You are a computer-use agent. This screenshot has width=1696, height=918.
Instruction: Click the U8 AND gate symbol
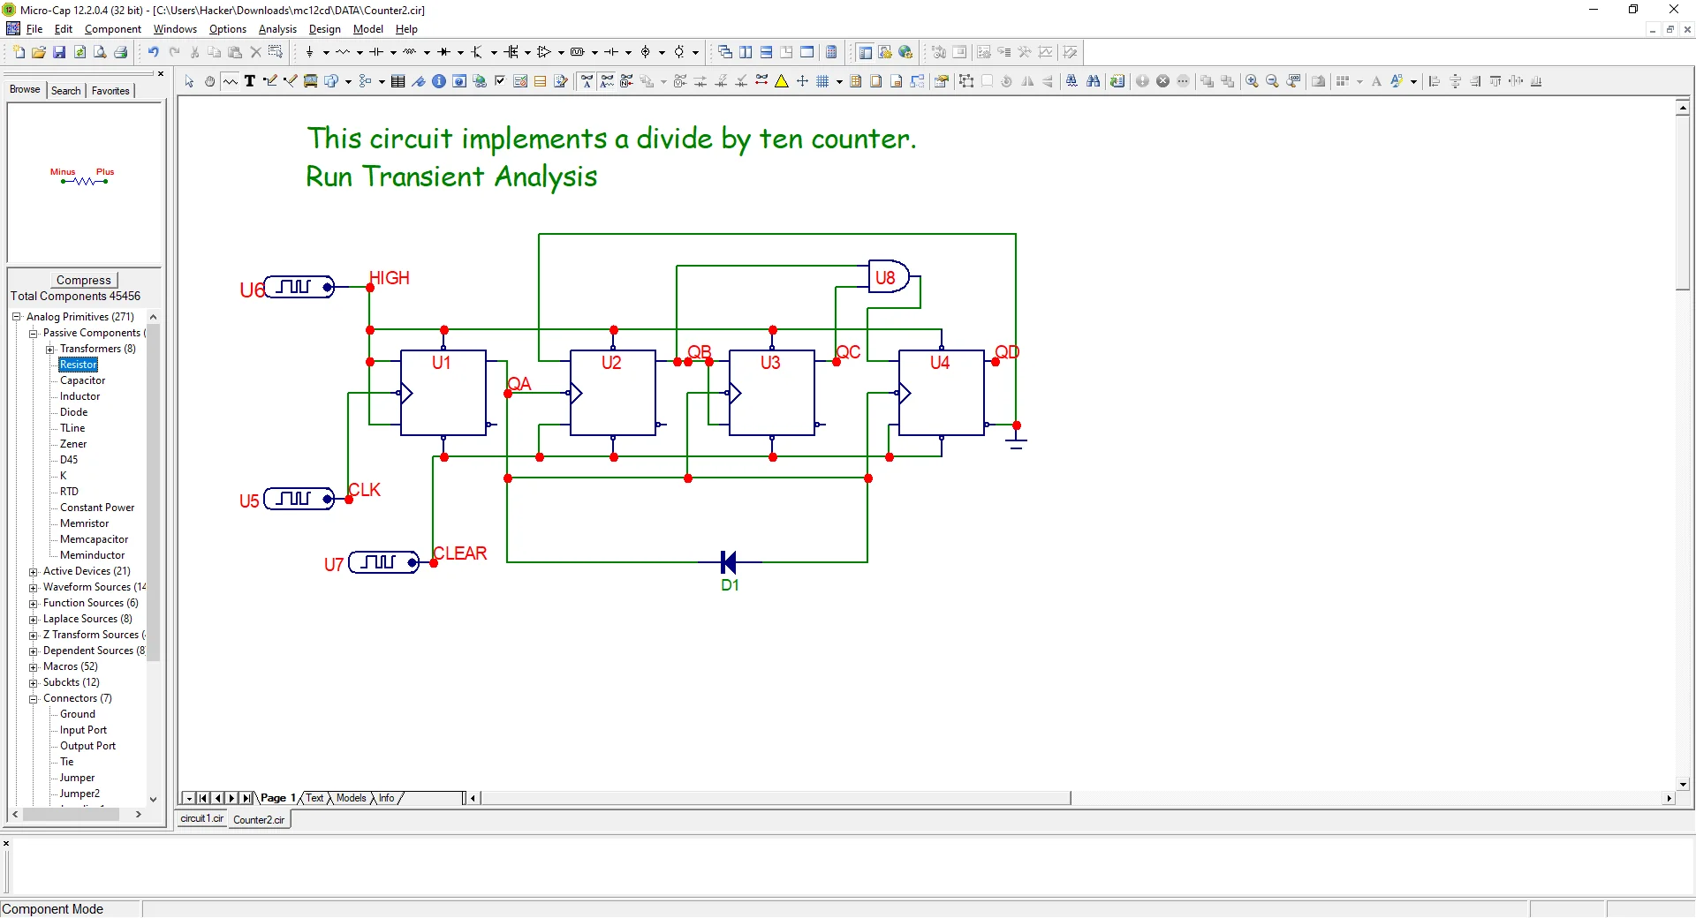(x=889, y=277)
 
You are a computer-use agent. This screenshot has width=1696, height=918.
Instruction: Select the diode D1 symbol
(x=729, y=562)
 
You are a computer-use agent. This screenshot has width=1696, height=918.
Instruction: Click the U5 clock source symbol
(x=299, y=499)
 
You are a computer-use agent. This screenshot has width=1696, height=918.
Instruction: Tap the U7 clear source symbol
(x=383, y=562)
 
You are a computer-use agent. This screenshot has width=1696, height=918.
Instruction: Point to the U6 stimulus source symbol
(x=299, y=287)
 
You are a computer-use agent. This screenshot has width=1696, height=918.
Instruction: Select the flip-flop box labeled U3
(x=772, y=393)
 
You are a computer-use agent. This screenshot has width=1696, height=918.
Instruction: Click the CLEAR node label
(x=460, y=553)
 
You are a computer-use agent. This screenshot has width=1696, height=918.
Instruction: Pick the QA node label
(x=519, y=384)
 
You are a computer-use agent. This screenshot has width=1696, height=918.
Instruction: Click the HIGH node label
(x=390, y=278)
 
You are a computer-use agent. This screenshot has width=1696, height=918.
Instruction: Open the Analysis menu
(x=277, y=29)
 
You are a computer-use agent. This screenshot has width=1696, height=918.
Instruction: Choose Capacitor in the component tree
(x=82, y=380)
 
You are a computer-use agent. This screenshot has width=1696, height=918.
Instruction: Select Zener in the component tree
(x=73, y=444)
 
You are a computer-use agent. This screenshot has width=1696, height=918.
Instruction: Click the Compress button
(x=84, y=280)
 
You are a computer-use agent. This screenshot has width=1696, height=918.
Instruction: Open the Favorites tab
(x=110, y=91)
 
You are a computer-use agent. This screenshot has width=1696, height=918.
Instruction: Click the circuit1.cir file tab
(x=202, y=819)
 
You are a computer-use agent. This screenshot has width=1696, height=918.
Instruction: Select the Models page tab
(x=351, y=798)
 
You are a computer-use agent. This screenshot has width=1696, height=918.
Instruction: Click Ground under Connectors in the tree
(x=78, y=714)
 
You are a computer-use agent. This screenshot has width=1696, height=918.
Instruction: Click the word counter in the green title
(x=862, y=139)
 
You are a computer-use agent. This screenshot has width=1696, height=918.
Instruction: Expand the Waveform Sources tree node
(x=34, y=588)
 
